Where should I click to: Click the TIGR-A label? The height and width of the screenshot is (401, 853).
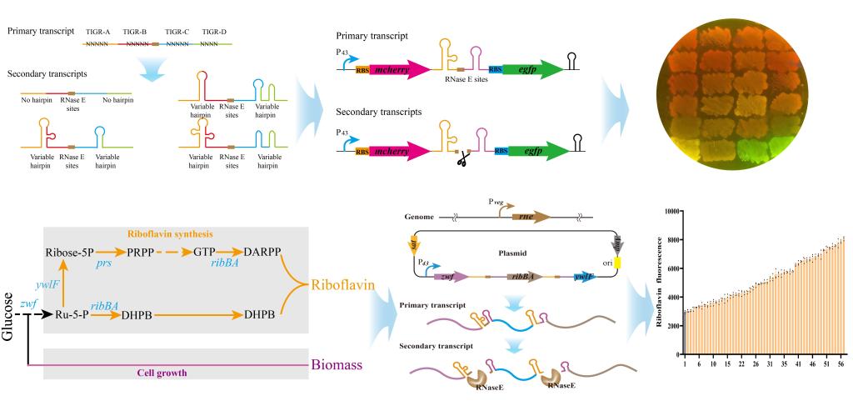98,30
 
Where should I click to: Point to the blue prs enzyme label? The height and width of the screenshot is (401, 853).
103,265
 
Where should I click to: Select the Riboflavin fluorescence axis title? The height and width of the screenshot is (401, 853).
658,287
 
